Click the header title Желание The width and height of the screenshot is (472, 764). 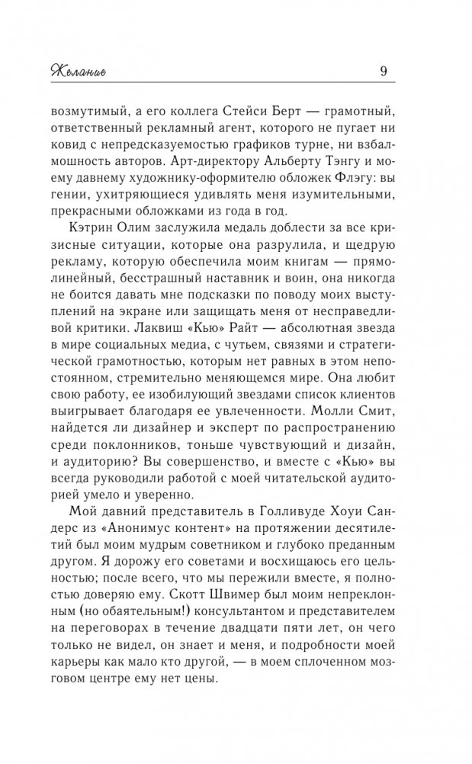80,73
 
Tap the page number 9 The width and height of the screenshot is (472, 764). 383,73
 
